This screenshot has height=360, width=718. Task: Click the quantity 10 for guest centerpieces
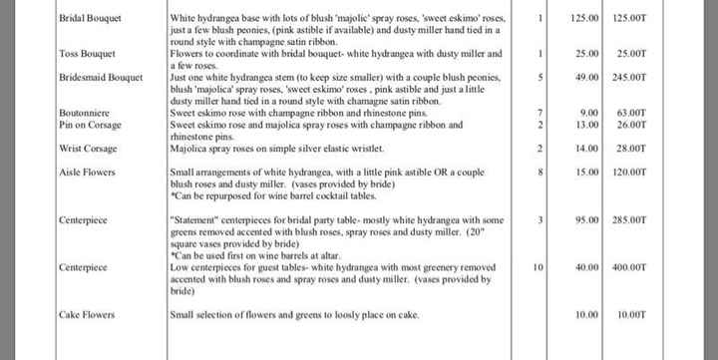point(538,268)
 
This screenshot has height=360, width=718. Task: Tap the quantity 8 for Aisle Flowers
point(539,172)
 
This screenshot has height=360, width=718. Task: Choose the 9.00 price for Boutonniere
point(593,113)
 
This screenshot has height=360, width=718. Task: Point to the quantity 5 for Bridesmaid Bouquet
point(539,75)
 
